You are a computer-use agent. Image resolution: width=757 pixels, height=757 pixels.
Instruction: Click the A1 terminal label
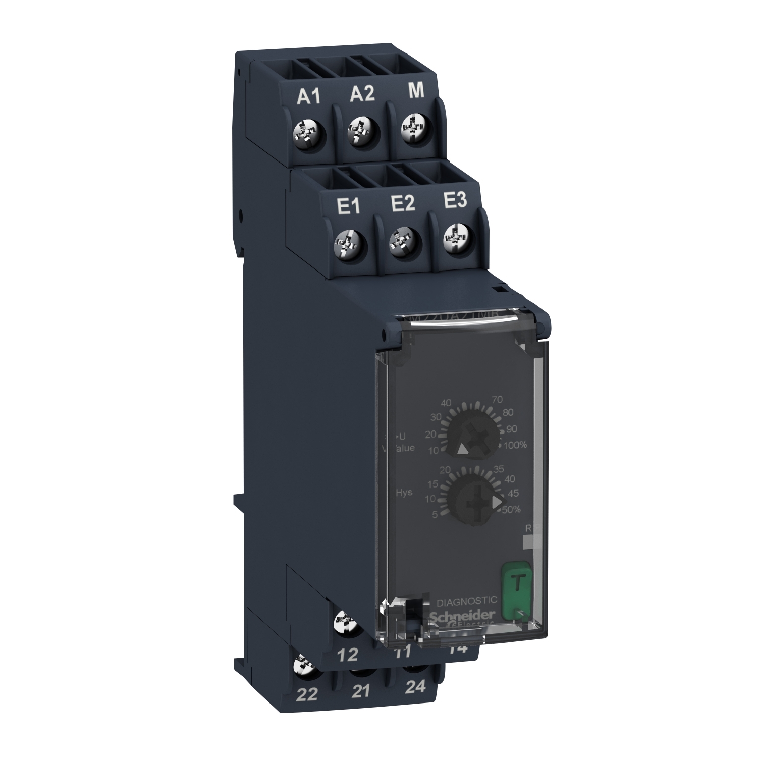pos(308,97)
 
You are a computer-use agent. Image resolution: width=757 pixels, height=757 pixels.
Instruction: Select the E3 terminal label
pos(455,201)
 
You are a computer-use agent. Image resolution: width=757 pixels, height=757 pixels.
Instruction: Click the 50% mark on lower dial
pos(511,510)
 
